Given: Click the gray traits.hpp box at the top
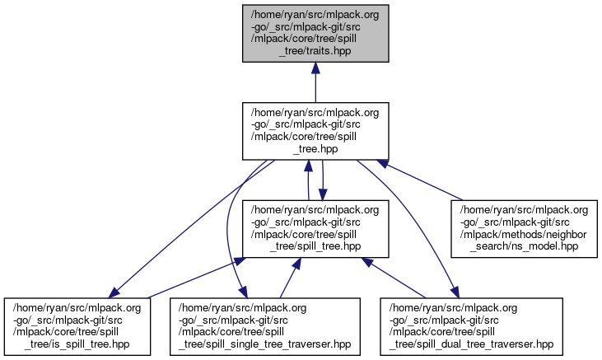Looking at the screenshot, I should [315, 33].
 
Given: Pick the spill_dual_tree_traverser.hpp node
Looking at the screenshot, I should [471, 326].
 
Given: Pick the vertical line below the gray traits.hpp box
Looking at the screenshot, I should [315, 89].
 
